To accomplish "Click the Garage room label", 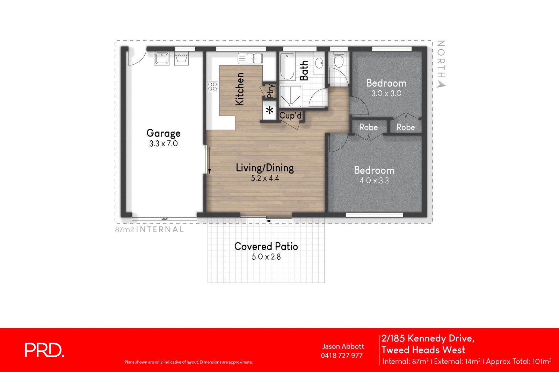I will (x=163, y=133).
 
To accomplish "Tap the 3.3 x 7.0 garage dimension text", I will (x=163, y=143).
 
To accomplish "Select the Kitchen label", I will (x=240, y=89).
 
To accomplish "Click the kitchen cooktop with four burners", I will (x=212, y=86).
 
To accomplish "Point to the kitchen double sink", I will (x=250, y=58).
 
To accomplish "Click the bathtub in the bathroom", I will (x=288, y=66).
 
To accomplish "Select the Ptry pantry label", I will (x=270, y=91).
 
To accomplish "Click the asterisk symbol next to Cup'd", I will (x=269, y=111).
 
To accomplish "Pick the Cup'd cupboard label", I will (x=290, y=115).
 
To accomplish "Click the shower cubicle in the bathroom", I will (x=290, y=96).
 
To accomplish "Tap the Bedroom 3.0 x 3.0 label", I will (x=386, y=87).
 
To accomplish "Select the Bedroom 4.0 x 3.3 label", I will (x=374, y=175).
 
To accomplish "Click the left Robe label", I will (x=368, y=127).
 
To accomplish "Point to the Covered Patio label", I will (x=266, y=247).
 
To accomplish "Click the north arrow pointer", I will (x=442, y=84).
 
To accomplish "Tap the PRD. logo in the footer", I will (x=44, y=350).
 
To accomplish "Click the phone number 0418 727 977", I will (x=342, y=356).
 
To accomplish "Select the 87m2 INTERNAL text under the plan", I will (x=149, y=230).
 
